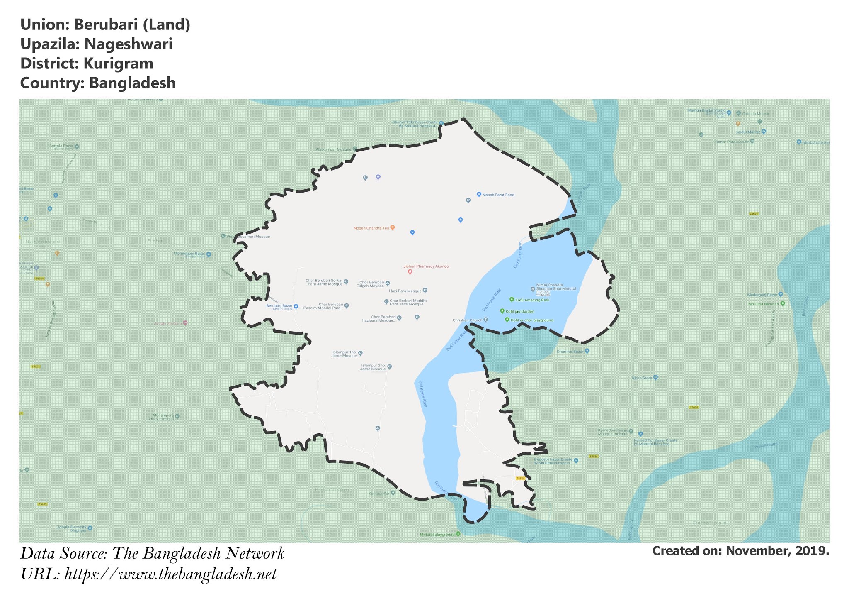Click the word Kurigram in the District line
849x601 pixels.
coord(118,64)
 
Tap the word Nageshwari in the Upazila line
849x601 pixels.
coord(128,44)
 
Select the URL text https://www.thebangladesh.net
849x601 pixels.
coord(170,574)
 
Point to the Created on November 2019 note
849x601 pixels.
coord(740,551)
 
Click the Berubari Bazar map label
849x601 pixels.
coord(279,306)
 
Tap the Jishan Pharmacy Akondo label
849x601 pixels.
coord(426,266)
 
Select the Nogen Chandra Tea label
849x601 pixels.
coord(371,228)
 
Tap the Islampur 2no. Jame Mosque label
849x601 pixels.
coord(373,367)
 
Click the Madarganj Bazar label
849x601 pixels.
coord(762,295)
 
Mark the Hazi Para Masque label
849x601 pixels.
coord(405,291)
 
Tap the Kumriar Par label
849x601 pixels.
coord(379,494)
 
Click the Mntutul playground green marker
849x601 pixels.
coord(458,534)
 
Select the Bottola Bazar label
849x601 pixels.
coord(61,146)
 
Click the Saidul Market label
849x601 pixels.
coord(748,132)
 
